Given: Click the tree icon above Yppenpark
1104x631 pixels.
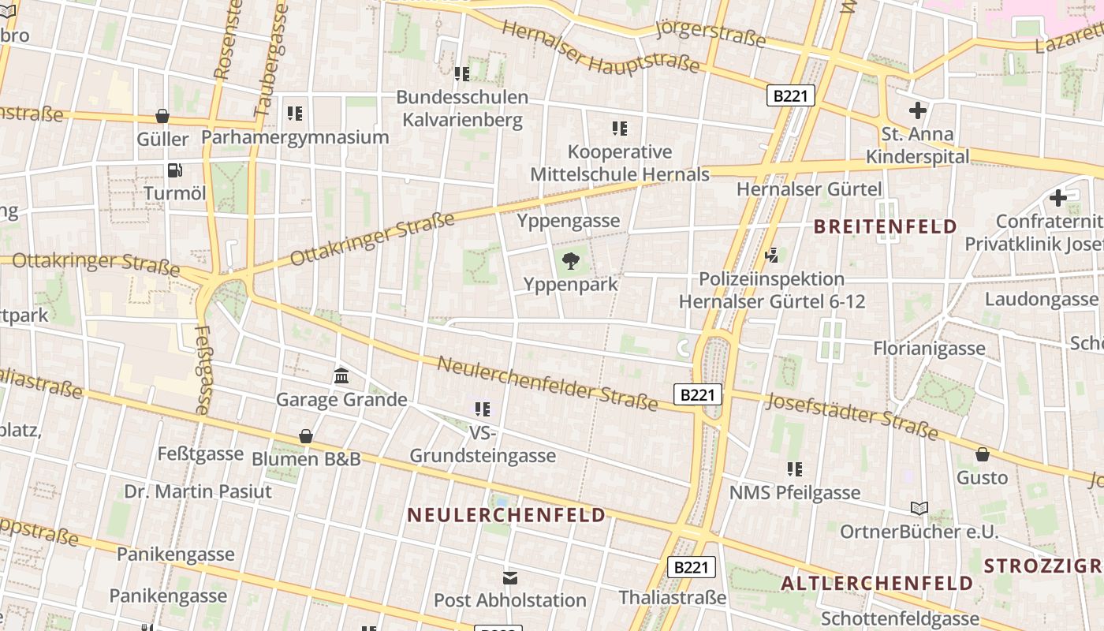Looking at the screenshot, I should [x=570, y=259].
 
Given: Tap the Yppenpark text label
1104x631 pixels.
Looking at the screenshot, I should [x=571, y=284].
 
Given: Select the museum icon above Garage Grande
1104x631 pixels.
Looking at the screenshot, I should [x=341, y=375].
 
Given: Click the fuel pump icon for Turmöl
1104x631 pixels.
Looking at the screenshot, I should [x=174, y=170].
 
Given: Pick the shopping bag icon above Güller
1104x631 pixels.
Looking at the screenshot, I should [x=162, y=116].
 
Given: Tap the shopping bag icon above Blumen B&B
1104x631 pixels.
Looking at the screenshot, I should [x=306, y=436].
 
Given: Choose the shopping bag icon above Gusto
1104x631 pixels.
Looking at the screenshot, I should [x=983, y=454].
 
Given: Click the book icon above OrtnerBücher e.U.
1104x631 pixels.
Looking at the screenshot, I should [x=919, y=508].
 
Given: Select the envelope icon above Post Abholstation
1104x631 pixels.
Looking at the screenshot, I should [x=510, y=578].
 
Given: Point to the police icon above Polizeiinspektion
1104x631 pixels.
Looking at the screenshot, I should [x=771, y=255].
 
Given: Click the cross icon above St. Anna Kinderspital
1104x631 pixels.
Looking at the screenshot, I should [x=918, y=110].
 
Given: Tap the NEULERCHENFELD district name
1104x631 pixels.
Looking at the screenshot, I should [x=506, y=515].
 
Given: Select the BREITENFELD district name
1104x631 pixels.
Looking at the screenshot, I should [x=885, y=227].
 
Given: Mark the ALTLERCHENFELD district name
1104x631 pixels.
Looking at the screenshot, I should [x=877, y=584].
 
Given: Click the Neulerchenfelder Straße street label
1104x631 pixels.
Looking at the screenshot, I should [x=547, y=383].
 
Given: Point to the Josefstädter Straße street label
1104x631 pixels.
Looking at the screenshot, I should [x=852, y=416].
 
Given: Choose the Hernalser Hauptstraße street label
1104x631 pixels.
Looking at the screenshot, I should [x=601, y=47].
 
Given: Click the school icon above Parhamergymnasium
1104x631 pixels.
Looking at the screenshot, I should [x=295, y=114].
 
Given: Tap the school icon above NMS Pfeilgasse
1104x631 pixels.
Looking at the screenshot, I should [x=795, y=469].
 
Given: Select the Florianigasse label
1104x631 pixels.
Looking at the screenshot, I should [x=929, y=348].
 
